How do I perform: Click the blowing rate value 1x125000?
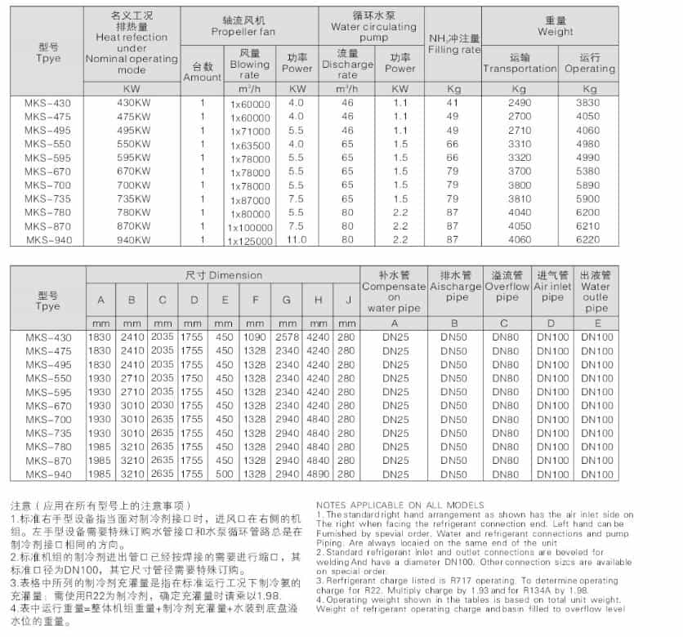click(x=250, y=241)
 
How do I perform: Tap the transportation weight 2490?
click(x=519, y=103)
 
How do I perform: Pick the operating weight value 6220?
click(x=588, y=239)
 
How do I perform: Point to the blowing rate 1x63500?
click(x=249, y=145)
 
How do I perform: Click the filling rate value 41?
click(x=453, y=103)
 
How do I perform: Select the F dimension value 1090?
click(x=255, y=337)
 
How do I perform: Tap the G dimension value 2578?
click(x=287, y=337)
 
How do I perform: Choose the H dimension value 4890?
click(x=318, y=474)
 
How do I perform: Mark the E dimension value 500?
click(x=224, y=474)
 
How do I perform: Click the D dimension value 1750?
click(x=193, y=378)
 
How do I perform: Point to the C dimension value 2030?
click(x=163, y=406)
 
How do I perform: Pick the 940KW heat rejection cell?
click(x=134, y=239)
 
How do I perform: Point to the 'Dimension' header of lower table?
click(x=224, y=275)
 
